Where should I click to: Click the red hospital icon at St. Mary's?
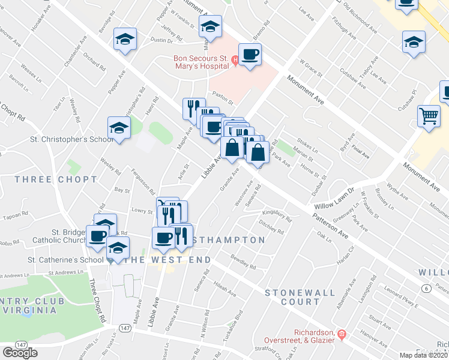[236, 59]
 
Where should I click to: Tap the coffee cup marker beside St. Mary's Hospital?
[250, 55]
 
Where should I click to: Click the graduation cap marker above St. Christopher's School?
[119, 128]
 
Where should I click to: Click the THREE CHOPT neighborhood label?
[56, 179]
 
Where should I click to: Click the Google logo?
[20, 353]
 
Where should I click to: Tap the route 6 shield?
[426, 289]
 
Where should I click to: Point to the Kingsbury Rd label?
[277, 215]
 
